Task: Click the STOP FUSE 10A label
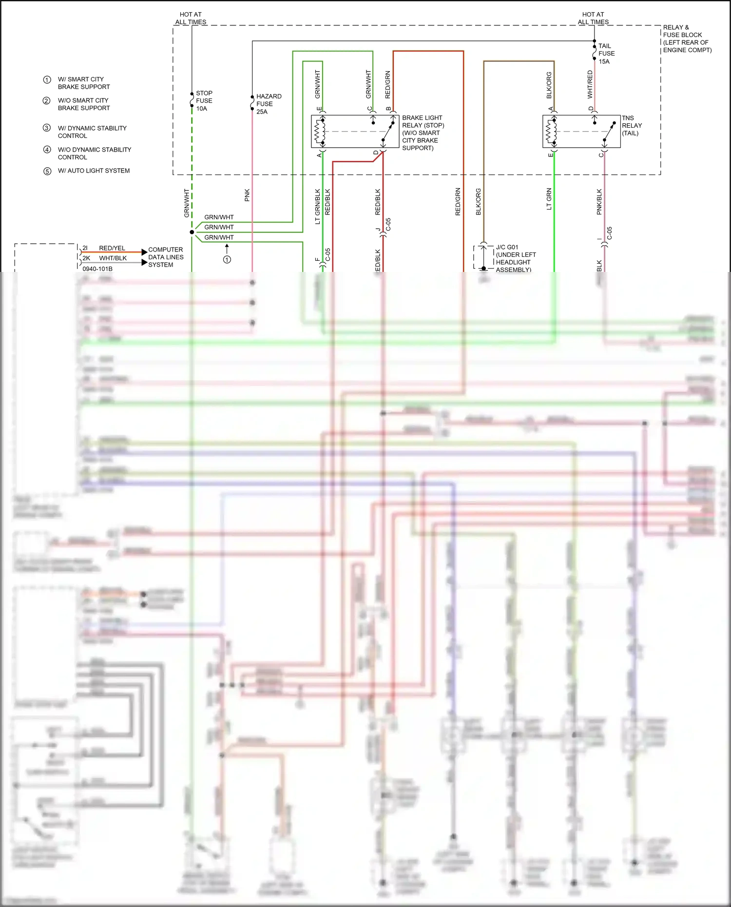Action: (x=204, y=101)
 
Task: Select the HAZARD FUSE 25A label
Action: (x=268, y=104)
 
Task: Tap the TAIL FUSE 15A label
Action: (x=606, y=54)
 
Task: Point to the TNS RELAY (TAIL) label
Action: (x=632, y=126)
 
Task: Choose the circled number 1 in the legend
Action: (x=47, y=80)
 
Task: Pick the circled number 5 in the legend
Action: (x=47, y=171)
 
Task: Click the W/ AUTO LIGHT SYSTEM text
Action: (x=94, y=171)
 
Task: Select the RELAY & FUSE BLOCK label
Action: (x=686, y=39)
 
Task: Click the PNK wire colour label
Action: (x=247, y=195)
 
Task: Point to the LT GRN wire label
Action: (x=549, y=199)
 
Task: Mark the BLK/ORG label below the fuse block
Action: (x=479, y=202)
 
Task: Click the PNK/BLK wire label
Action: (x=599, y=202)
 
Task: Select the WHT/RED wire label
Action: (x=590, y=84)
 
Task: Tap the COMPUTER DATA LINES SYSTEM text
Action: (x=166, y=257)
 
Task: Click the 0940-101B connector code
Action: (x=97, y=269)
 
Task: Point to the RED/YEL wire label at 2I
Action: (x=112, y=248)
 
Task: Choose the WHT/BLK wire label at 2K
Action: (x=113, y=258)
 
